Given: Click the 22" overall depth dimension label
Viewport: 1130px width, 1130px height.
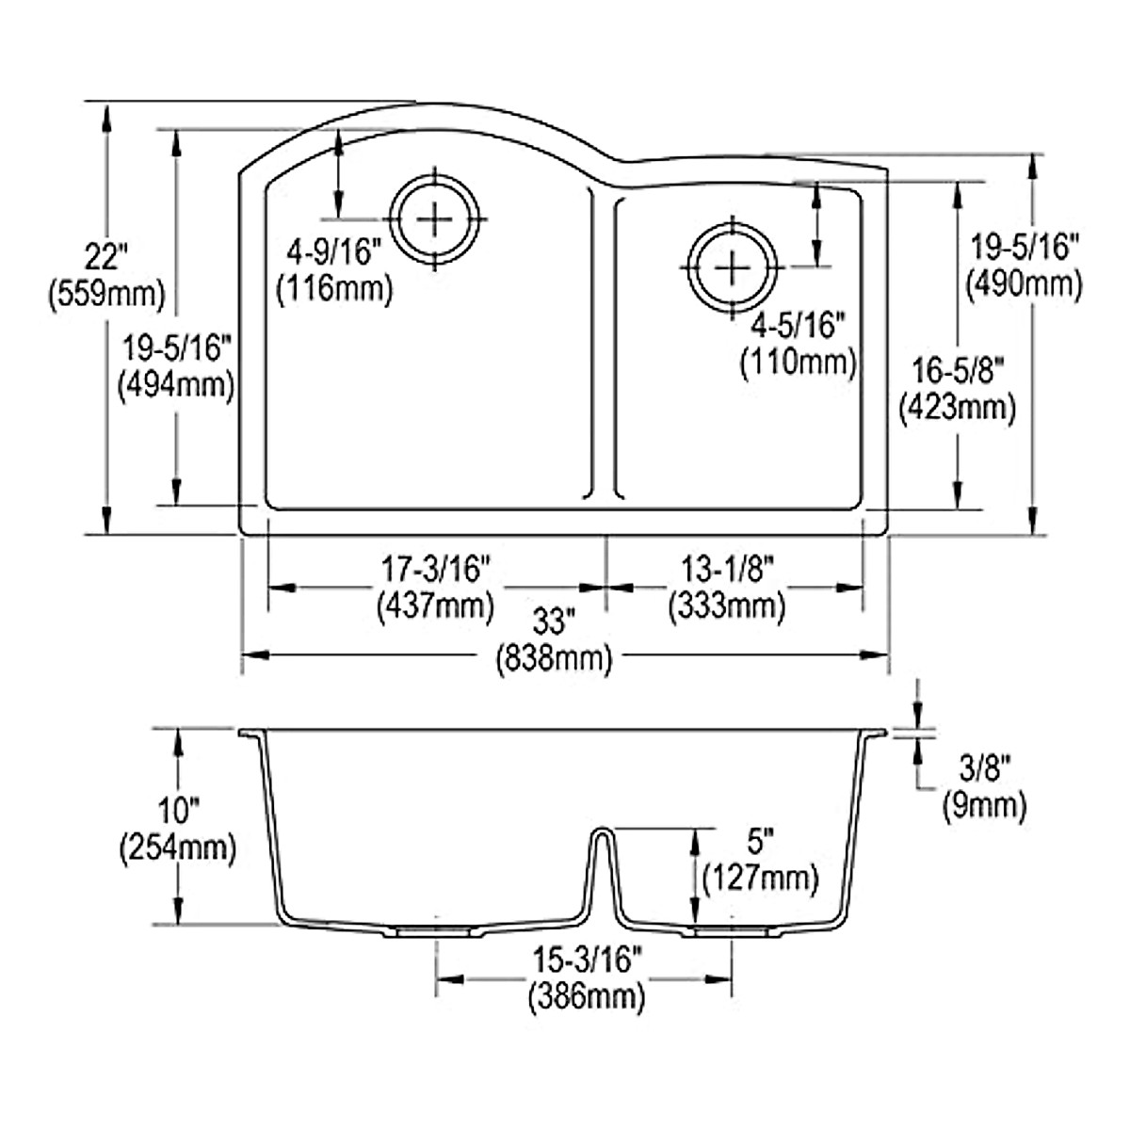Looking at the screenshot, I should pos(105,255).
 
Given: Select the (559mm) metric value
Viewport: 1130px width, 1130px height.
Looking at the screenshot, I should pos(105,295).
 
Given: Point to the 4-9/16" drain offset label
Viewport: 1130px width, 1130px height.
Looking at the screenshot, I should pos(334,251).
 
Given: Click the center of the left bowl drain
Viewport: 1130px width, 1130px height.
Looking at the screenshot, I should pos(435,218).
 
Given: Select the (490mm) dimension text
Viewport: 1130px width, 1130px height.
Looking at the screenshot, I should pos(1024,283).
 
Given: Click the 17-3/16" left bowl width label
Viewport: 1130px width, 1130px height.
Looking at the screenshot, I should pos(435,569).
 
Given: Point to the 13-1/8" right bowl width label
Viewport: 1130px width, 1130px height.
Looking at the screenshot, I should pos(726,569).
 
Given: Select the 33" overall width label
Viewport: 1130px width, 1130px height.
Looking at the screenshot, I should pos(554,621).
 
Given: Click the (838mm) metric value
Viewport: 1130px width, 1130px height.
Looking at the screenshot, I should pos(554,658).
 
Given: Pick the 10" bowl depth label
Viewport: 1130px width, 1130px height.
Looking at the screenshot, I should pos(177,809).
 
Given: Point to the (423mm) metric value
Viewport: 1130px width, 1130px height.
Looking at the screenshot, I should pos(958,408).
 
